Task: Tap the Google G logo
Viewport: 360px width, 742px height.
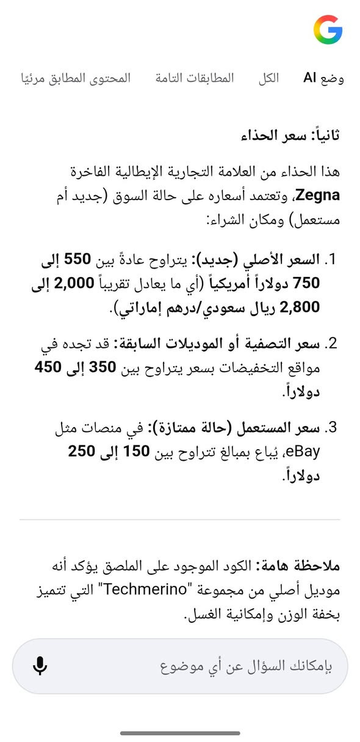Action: (328, 29)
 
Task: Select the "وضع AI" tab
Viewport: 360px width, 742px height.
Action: (324, 79)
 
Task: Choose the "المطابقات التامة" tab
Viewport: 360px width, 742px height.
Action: (195, 79)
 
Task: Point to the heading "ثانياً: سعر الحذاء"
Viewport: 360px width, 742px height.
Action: (290, 135)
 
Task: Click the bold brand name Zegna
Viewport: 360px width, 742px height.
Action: (316, 196)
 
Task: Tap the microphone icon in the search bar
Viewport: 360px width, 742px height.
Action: (40, 666)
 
